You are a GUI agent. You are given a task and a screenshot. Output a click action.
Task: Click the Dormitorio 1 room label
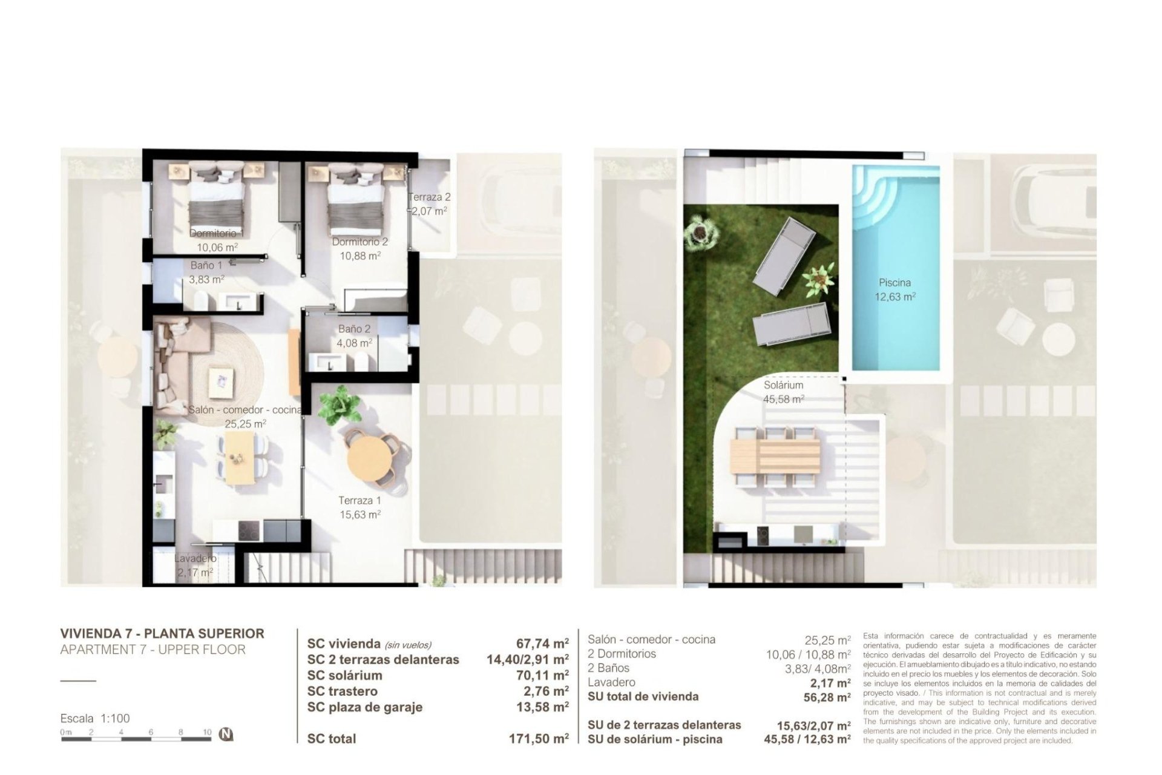pyautogui.click(x=216, y=233)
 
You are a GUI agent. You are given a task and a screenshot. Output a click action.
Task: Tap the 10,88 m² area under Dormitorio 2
pyautogui.click(x=360, y=256)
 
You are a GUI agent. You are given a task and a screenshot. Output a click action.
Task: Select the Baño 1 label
pyautogui.click(x=206, y=265)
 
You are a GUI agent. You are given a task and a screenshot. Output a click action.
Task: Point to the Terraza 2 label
pyautogui.click(x=429, y=197)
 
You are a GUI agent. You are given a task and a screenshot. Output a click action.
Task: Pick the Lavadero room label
pyautogui.click(x=195, y=558)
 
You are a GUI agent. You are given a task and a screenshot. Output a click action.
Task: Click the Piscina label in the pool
pyautogui.click(x=894, y=283)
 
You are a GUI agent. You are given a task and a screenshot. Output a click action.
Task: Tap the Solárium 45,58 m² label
pyautogui.click(x=783, y=392)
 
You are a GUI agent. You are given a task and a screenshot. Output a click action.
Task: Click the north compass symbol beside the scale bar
pyautogui.click(x=226, y=734)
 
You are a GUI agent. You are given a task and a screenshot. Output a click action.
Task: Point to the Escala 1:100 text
pyautogui.click(x=95, y=719)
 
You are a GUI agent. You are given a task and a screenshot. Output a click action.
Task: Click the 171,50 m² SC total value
pyautogui.click(x=539, y=739)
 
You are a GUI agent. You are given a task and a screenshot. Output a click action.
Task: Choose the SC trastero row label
pyautogui.click(x=342, y=691)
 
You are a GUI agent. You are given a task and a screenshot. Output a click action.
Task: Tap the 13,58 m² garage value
pyautogui.click(x=542, y=707)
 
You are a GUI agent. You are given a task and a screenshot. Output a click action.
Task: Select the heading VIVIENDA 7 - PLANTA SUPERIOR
pyautogui.click(x=162, y=634)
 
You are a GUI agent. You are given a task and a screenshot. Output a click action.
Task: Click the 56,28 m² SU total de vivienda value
pyautogui.click(x=826, y=697)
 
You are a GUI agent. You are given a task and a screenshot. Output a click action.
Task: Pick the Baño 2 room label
pyautogui.click(x=354, y=329)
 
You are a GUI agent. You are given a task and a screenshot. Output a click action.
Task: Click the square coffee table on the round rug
pyautogui.click(x=221, y=381)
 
